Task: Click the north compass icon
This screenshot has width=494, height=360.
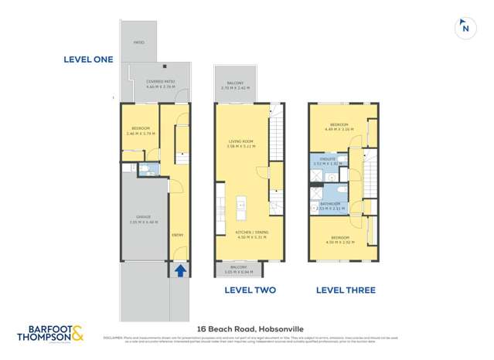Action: point(464,27)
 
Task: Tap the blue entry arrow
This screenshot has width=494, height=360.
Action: point(180,271)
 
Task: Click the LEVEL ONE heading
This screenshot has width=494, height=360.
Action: point(89,59)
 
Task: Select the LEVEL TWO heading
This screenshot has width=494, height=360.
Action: point(250,290)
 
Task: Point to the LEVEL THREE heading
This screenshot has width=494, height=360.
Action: point(346,290)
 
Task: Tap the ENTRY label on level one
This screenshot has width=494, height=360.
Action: point(178,235)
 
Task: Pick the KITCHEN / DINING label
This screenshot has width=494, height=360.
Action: point(250,235)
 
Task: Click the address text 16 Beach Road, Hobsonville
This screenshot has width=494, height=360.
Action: point(250,328)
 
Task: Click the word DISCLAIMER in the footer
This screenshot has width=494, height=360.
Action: point(114,337)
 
